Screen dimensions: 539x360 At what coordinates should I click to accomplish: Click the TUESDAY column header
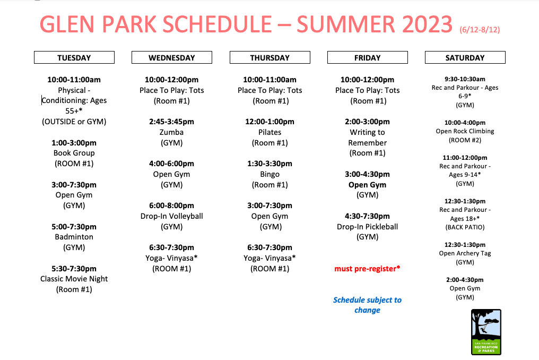pos(74,57)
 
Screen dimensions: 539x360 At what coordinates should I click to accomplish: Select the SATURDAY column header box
pos(465,57)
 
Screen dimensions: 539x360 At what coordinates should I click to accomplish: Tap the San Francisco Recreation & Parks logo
pos(486,332)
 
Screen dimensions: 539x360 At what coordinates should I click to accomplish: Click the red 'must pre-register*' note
pos(367,269)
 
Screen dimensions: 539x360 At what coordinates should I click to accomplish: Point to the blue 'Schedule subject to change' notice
pos(367,305)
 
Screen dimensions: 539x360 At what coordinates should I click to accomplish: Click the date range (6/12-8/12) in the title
pos(480,30)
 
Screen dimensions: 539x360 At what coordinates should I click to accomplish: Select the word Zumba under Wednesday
pos(171,132)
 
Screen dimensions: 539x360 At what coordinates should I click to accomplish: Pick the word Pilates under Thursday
pos(270,132)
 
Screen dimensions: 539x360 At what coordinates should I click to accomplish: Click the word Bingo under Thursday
pos(270,174)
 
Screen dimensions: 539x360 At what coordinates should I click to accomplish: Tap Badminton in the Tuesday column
pos(74,237)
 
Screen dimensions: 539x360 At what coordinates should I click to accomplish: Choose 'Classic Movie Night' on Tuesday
pos(74,279)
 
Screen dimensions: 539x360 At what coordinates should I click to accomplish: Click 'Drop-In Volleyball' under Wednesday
pos(171,216)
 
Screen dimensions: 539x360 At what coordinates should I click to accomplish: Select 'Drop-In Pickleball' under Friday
pos(367,227)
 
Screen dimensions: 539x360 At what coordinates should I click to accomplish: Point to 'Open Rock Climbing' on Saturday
pos(465,131)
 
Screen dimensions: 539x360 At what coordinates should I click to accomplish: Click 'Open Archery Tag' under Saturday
pos(465,253)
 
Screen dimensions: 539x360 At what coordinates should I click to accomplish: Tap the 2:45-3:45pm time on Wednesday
pos(171,122)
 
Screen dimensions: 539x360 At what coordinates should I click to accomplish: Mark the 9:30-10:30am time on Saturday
pos(465,79)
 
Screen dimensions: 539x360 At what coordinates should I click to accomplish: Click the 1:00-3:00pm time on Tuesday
pos(74,143)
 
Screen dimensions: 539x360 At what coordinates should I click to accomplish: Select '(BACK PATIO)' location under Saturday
pos(465,227)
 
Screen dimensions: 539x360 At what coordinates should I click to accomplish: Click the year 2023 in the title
pos(427,24)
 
